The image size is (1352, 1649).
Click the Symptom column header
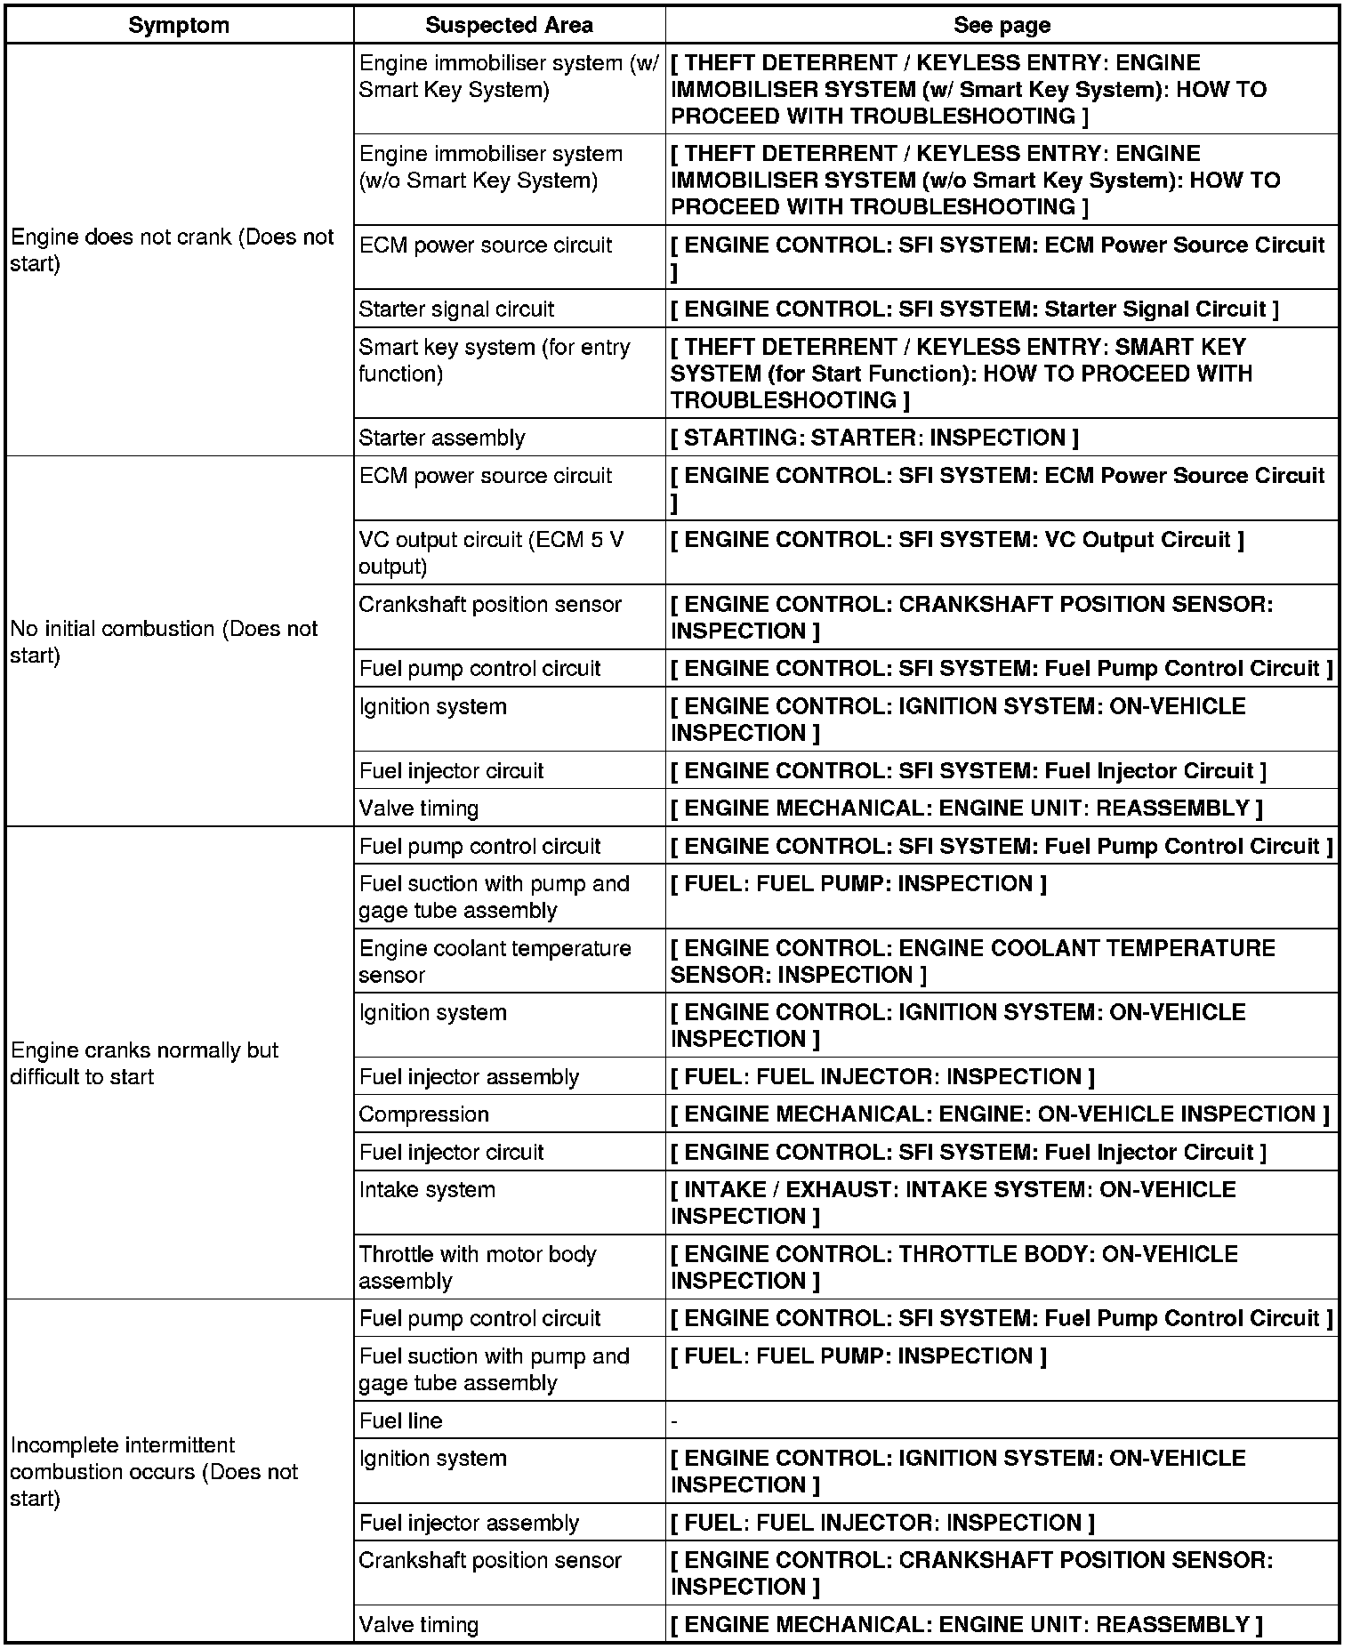pos(179,25)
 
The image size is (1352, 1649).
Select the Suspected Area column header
pos(509,25)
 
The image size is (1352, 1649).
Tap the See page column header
pos(1002,25)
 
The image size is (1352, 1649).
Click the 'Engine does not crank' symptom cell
pos(172,250)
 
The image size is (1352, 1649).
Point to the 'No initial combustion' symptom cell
pos(164,641)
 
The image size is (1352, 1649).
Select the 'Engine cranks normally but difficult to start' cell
pos(144,1063)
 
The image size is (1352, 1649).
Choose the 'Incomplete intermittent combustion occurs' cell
pos(154,1471)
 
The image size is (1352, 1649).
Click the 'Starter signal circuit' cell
pos(456,309)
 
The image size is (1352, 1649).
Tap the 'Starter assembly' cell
pos(442,438)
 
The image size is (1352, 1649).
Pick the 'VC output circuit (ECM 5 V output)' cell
pos(491,552)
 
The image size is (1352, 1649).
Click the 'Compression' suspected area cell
pos(423,1114)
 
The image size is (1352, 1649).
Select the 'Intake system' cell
pos(427,1189)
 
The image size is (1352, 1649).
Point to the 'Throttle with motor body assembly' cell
pos(478,1267)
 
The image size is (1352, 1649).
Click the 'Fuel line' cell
pos(400,1420)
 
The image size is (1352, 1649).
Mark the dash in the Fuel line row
pos(675,1421)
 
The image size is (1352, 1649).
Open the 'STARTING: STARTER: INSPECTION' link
pos(874,438)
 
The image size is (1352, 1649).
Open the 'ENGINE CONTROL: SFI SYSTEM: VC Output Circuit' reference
pos(957,540)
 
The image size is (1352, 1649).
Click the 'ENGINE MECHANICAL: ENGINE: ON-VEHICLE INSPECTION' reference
pos(1000,1114)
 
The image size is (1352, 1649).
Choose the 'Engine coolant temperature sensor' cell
pos(495,961)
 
